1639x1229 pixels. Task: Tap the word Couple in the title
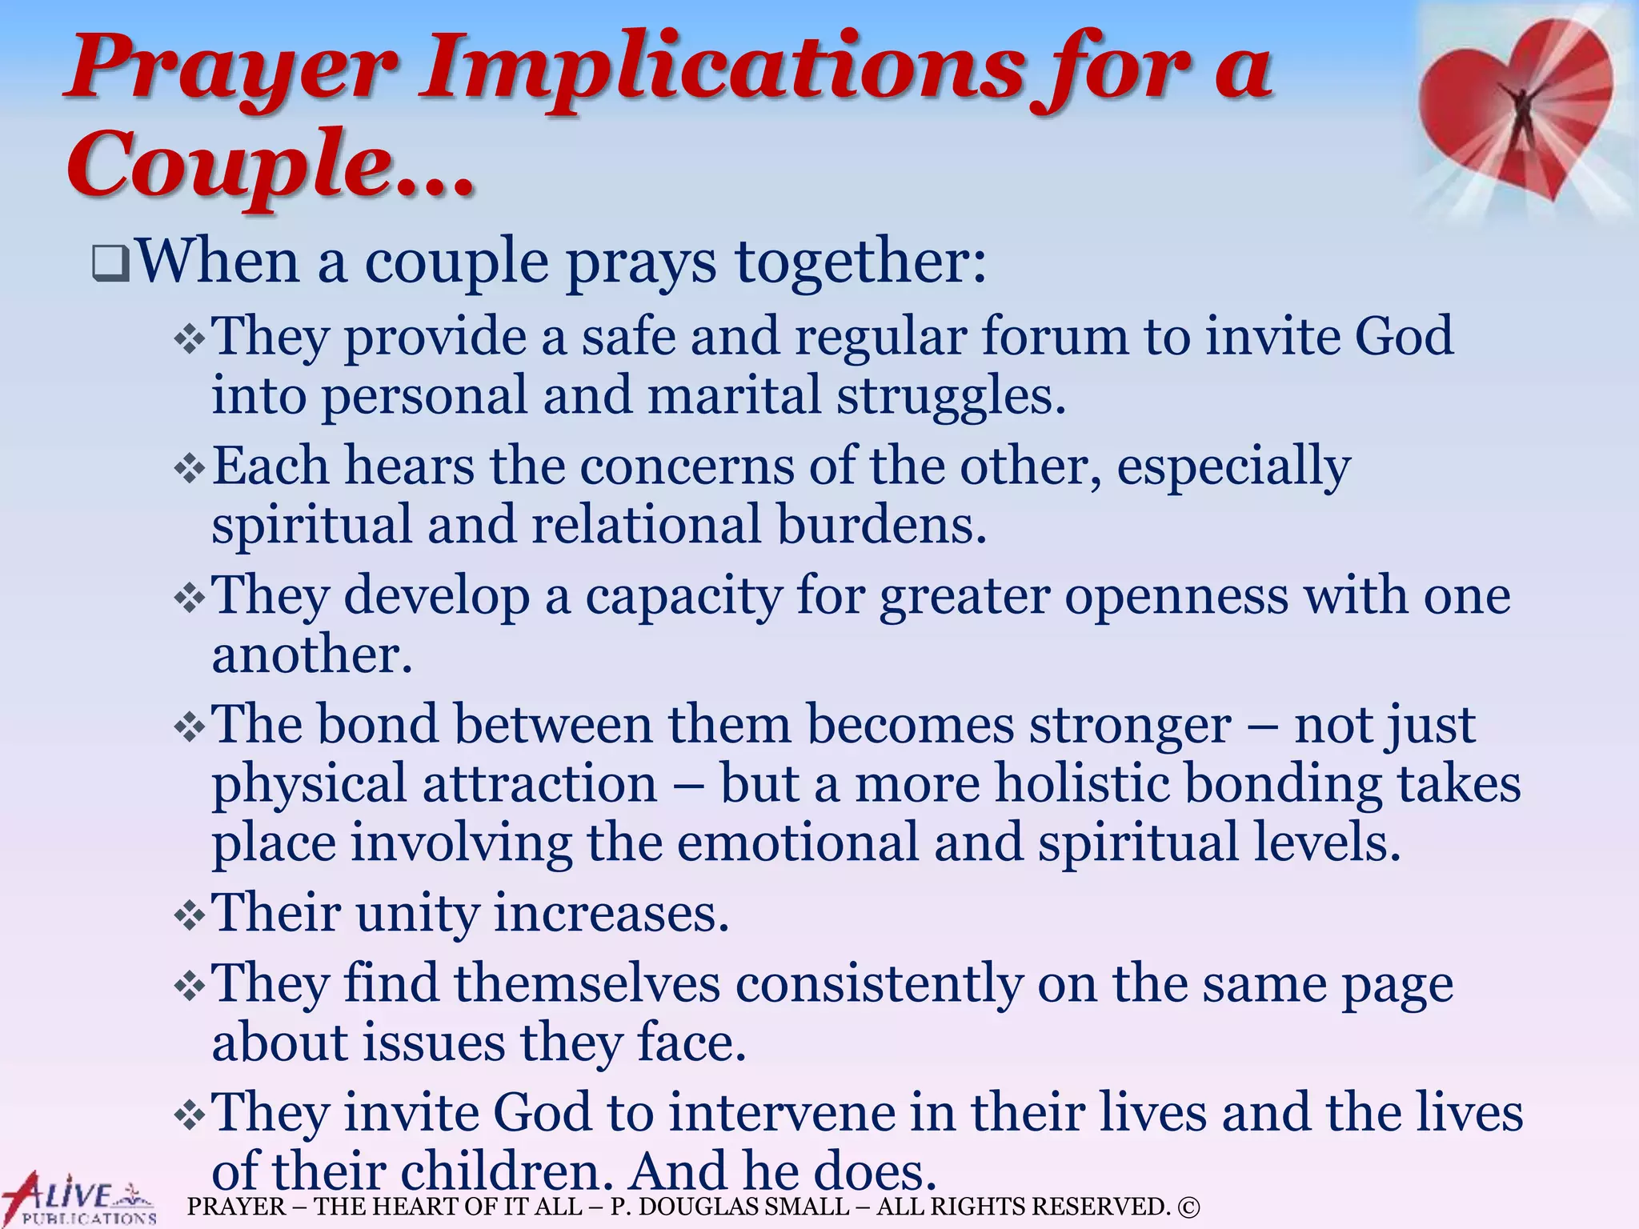coord(232,166)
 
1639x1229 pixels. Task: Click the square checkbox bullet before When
coord(110,264)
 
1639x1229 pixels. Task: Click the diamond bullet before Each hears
coord(190,469)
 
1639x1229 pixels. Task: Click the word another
coord(312,655)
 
